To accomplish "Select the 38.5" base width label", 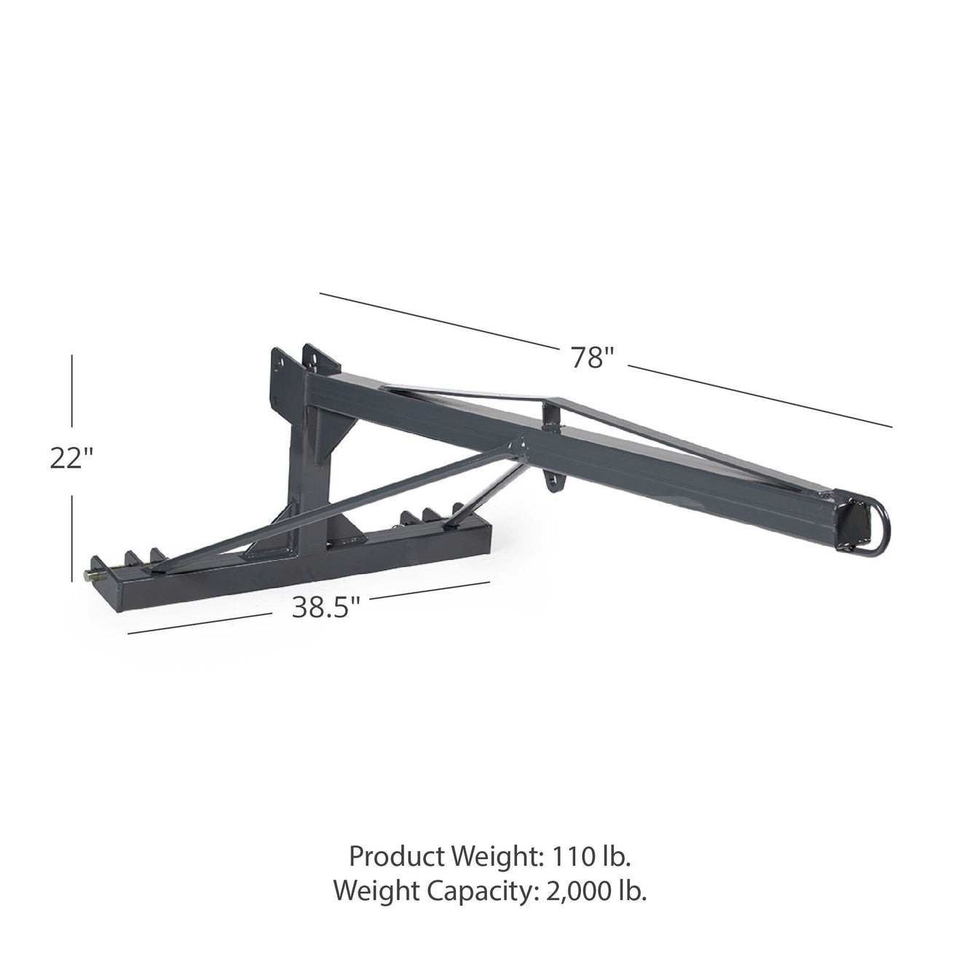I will [x=326, y=607].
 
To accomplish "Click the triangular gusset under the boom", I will [x=339, y=437].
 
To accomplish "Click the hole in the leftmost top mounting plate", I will [x=279, y=359].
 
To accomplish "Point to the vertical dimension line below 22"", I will [x=72, y=537].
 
